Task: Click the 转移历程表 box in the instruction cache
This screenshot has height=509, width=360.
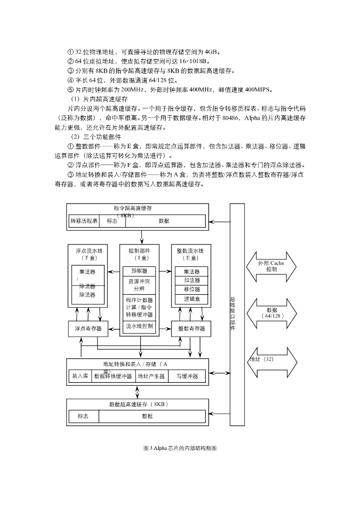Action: [x=84, y=221]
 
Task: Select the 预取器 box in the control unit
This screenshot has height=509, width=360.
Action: [x=140, y=271]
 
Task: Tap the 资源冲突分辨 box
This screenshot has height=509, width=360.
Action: [x=140, y=285]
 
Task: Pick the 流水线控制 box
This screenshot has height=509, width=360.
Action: [x=140, y=327]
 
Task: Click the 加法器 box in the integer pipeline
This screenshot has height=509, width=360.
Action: [x=192, y=280]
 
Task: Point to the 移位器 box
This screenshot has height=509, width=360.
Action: [x=192, y=289]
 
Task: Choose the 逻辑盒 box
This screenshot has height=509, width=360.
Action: [x=192, y=299]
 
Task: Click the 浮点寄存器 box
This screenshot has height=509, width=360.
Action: [x=88, y=329]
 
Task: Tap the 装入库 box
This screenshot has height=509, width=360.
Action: [x=80, y=376]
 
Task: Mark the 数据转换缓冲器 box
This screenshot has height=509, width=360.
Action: [x=113, y=376]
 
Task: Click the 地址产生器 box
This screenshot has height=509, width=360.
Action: [x=151, y=376]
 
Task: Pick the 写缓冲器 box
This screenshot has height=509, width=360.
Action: [x=187, y=376]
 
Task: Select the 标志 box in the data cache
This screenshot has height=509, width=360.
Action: [x=83, y=416]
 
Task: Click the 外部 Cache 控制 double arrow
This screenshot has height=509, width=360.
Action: [x=271, y=266]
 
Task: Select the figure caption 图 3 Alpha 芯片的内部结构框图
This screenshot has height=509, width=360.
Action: [x=180, y=448]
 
